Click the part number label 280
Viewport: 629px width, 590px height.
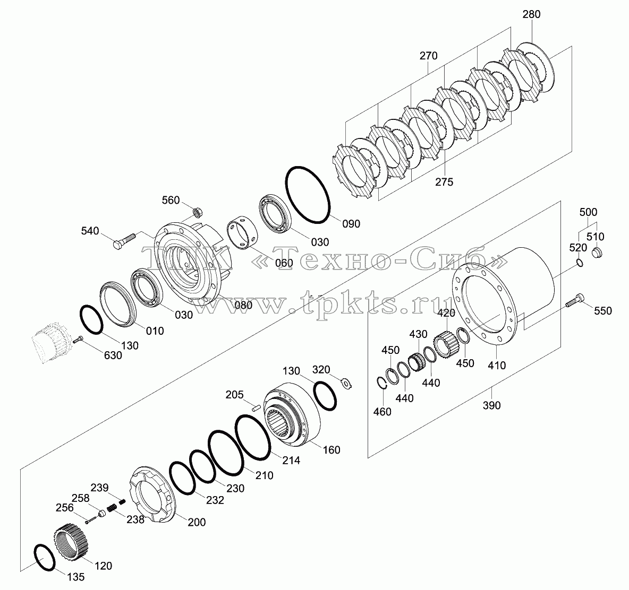532,14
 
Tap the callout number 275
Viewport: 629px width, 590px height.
444,182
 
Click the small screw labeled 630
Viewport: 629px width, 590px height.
78,340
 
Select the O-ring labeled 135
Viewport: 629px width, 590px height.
45,558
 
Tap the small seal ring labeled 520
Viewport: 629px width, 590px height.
580,262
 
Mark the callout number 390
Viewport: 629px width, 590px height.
491,405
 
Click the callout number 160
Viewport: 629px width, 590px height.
331,450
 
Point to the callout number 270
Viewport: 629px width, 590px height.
428,56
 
